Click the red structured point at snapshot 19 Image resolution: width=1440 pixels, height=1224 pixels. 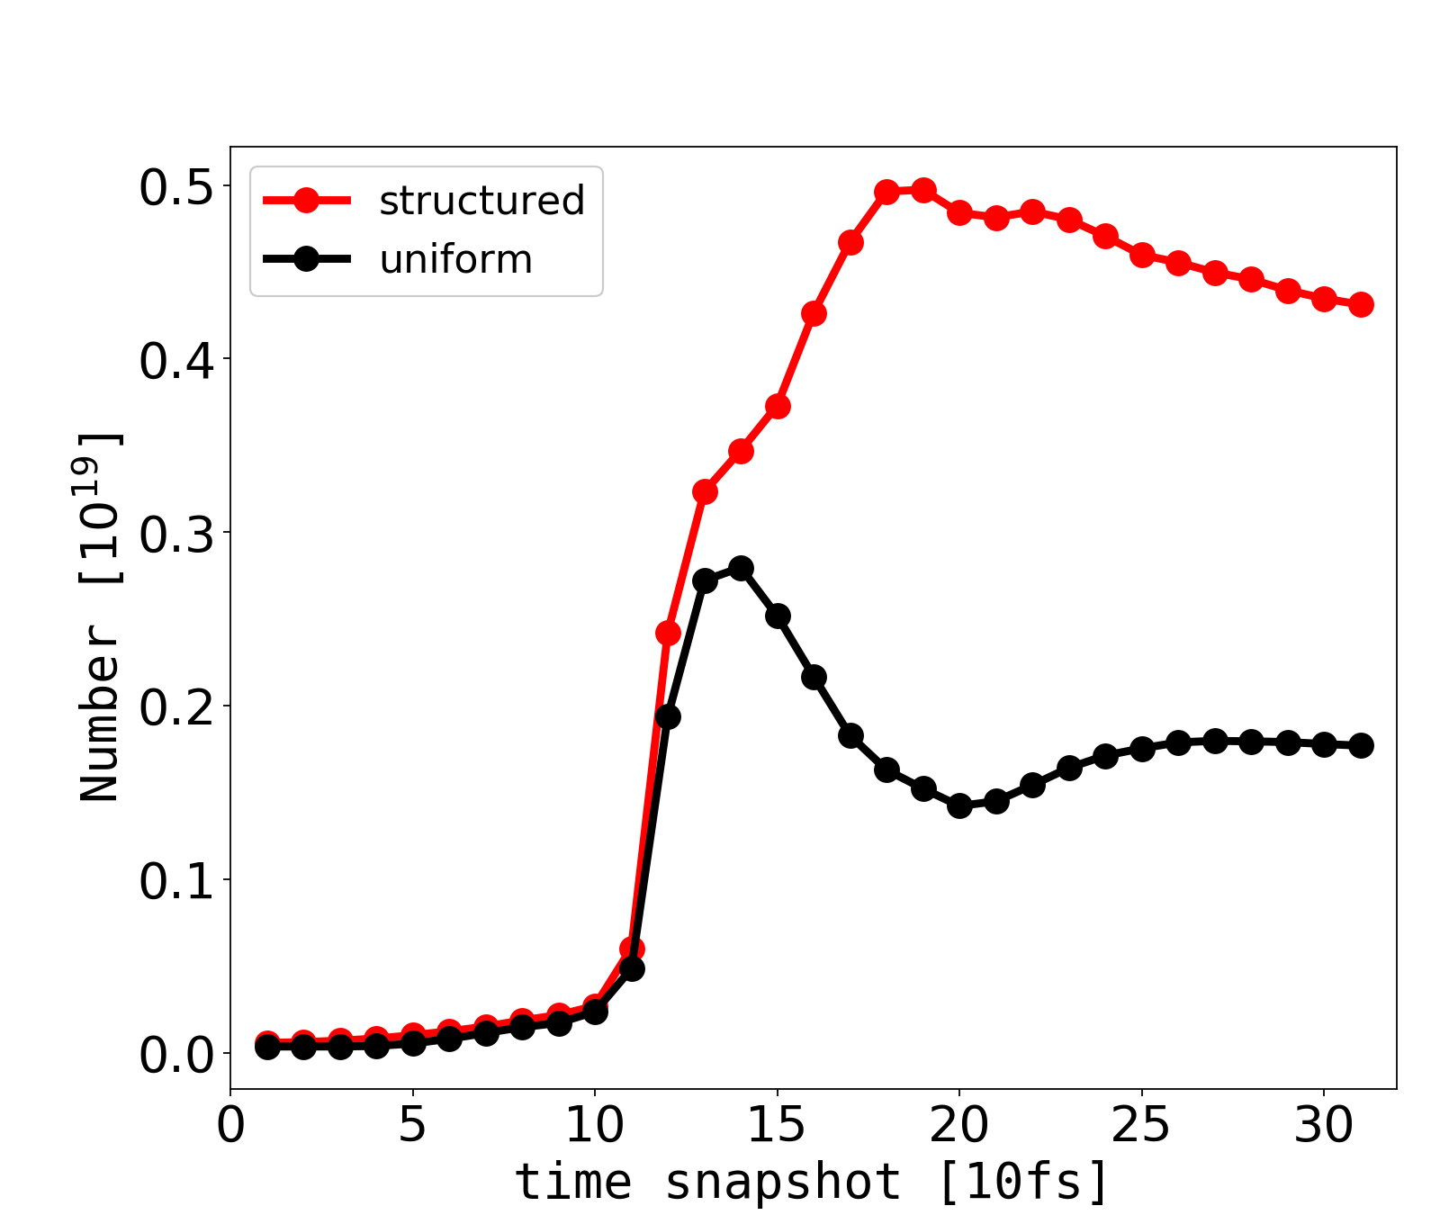click(x=923, y=190)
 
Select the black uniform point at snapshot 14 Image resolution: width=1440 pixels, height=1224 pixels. click(x=741, y=568)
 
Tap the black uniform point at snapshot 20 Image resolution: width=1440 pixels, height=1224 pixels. click(x=959, y=805)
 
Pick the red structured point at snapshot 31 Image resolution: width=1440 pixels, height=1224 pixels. click(x=1361, y=304)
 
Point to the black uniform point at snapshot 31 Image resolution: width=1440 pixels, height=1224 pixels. click(x=1361, y=745)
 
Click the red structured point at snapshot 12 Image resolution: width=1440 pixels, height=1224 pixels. click(x=668, y=633)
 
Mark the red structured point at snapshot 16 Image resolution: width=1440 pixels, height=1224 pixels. click(x=814, y=313)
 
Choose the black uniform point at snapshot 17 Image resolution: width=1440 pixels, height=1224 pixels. click(x=850, y=735)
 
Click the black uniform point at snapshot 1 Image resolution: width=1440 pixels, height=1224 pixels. click(x=267, y=1047)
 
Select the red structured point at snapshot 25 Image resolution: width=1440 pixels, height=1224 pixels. click(x=1142, y=255)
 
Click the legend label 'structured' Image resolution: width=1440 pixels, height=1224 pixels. click(x=481, y=201)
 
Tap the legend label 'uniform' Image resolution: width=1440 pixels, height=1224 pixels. click(x=455, y=260)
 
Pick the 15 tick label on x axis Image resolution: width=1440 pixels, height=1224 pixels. click(x=777, y=1126)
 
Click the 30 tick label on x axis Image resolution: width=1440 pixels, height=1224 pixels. click(x=1324, y=1126)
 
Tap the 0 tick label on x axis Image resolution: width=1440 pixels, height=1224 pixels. click(x=231, y=1126)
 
